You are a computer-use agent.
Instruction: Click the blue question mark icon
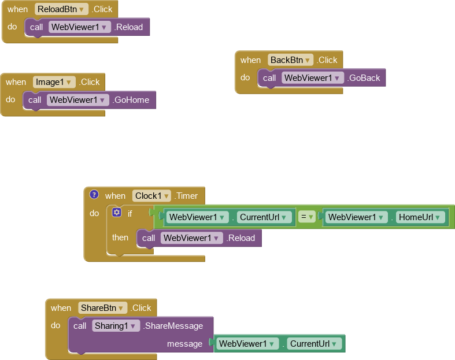94,195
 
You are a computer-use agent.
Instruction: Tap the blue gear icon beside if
117,213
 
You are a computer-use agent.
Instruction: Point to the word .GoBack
364,78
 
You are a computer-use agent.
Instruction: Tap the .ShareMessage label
173,326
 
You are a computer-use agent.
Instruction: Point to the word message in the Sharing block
184,344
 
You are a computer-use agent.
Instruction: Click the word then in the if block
120,237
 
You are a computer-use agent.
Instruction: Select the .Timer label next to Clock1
186,196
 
